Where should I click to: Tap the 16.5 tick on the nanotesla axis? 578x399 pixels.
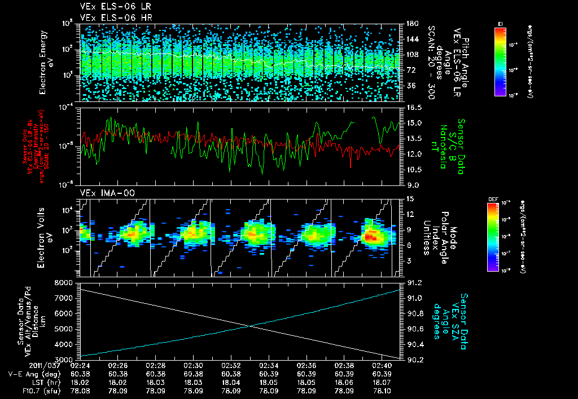click(412, 107)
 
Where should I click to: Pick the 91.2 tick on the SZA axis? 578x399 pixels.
click(412, 282)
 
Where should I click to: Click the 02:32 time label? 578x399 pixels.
click(231, 365)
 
